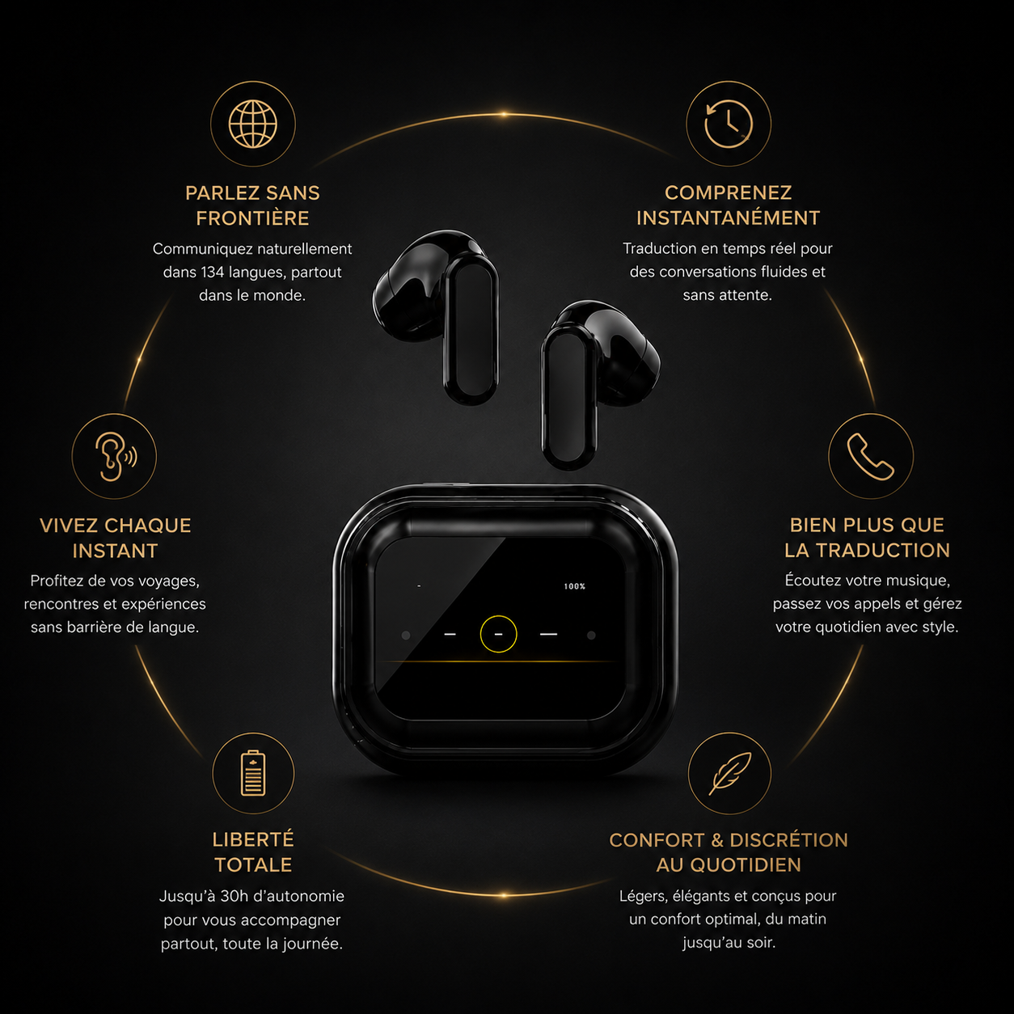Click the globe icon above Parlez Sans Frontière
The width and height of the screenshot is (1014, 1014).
pyautogui.click(x=252, y=125)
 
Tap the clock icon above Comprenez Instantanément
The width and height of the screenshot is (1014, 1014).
pyautogui.click(x=729, y=124)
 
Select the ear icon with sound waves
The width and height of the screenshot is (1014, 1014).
pyautogui.click(x=116, y=456)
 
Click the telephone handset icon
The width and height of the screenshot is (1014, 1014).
pyautogui.click(x=870, y=457)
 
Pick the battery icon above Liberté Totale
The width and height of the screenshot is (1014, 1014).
pyautogui.click(x=253, y=773)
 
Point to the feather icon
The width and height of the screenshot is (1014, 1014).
pyautogui.click(x=730, y=773)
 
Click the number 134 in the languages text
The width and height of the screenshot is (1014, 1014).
pyautogui.click(x=212, y=272)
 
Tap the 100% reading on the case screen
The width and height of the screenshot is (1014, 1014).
pyautogui.click(x=575, y=586)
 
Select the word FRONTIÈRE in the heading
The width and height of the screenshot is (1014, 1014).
pyautogui.click(x=252, y=218)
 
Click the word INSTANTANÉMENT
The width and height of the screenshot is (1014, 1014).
pyautogui.click(x=729, y=218)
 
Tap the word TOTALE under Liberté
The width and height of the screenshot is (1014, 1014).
pyautogui.click(x=253, y=864)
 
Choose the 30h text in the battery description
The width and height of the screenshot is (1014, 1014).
pyautogui.click(x=234, y=896)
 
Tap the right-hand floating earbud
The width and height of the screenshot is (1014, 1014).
pyautogui.click(x=600, y=385)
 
